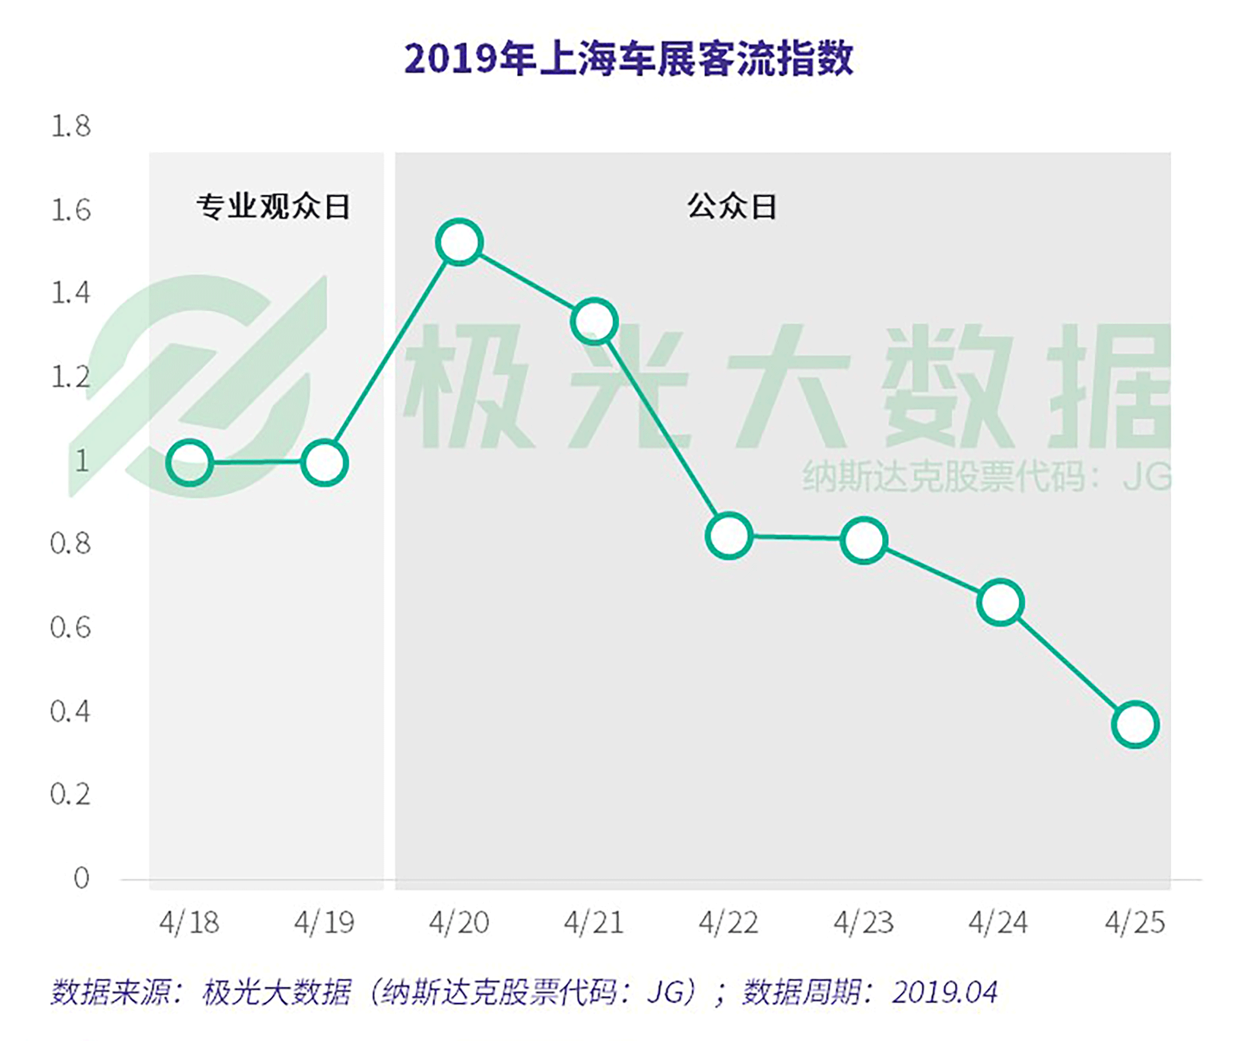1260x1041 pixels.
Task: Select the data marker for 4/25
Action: point(1135,724)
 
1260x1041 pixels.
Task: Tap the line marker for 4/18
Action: point(189,462)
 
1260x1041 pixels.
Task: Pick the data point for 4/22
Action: point(729,536)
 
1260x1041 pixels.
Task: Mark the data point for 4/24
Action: point(1000,602)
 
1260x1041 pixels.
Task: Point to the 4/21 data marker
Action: point(594,321)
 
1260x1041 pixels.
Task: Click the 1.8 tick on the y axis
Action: point(71,126)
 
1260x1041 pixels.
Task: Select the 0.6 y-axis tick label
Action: point(70,628)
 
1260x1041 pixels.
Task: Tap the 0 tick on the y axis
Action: point(82,878)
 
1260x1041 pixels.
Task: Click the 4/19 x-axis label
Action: point(324,923)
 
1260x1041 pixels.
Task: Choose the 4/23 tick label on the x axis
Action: point(863,923)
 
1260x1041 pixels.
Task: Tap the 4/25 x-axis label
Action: point(1135,923)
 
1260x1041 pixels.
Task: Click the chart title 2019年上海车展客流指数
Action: point(629,59)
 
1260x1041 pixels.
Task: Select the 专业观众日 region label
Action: point(273,206)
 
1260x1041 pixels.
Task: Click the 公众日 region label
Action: point(732,206)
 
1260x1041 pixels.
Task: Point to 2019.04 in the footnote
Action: point(944,992)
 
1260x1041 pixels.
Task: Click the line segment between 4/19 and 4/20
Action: point(392,352)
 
